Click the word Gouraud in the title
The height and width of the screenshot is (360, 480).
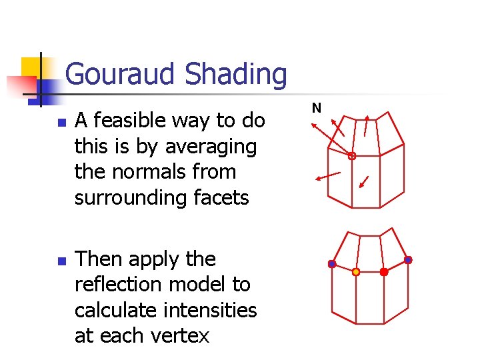click(x=121, y=73)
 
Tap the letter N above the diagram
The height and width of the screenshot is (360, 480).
click(x=317, y=107)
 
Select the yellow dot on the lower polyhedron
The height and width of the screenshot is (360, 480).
click(x=356, y=272)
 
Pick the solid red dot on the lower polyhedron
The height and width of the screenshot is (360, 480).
click(x=384, y=272)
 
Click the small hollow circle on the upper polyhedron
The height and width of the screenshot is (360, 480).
click(x=352, y=156)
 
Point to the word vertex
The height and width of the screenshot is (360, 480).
click(x=176, y=336)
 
